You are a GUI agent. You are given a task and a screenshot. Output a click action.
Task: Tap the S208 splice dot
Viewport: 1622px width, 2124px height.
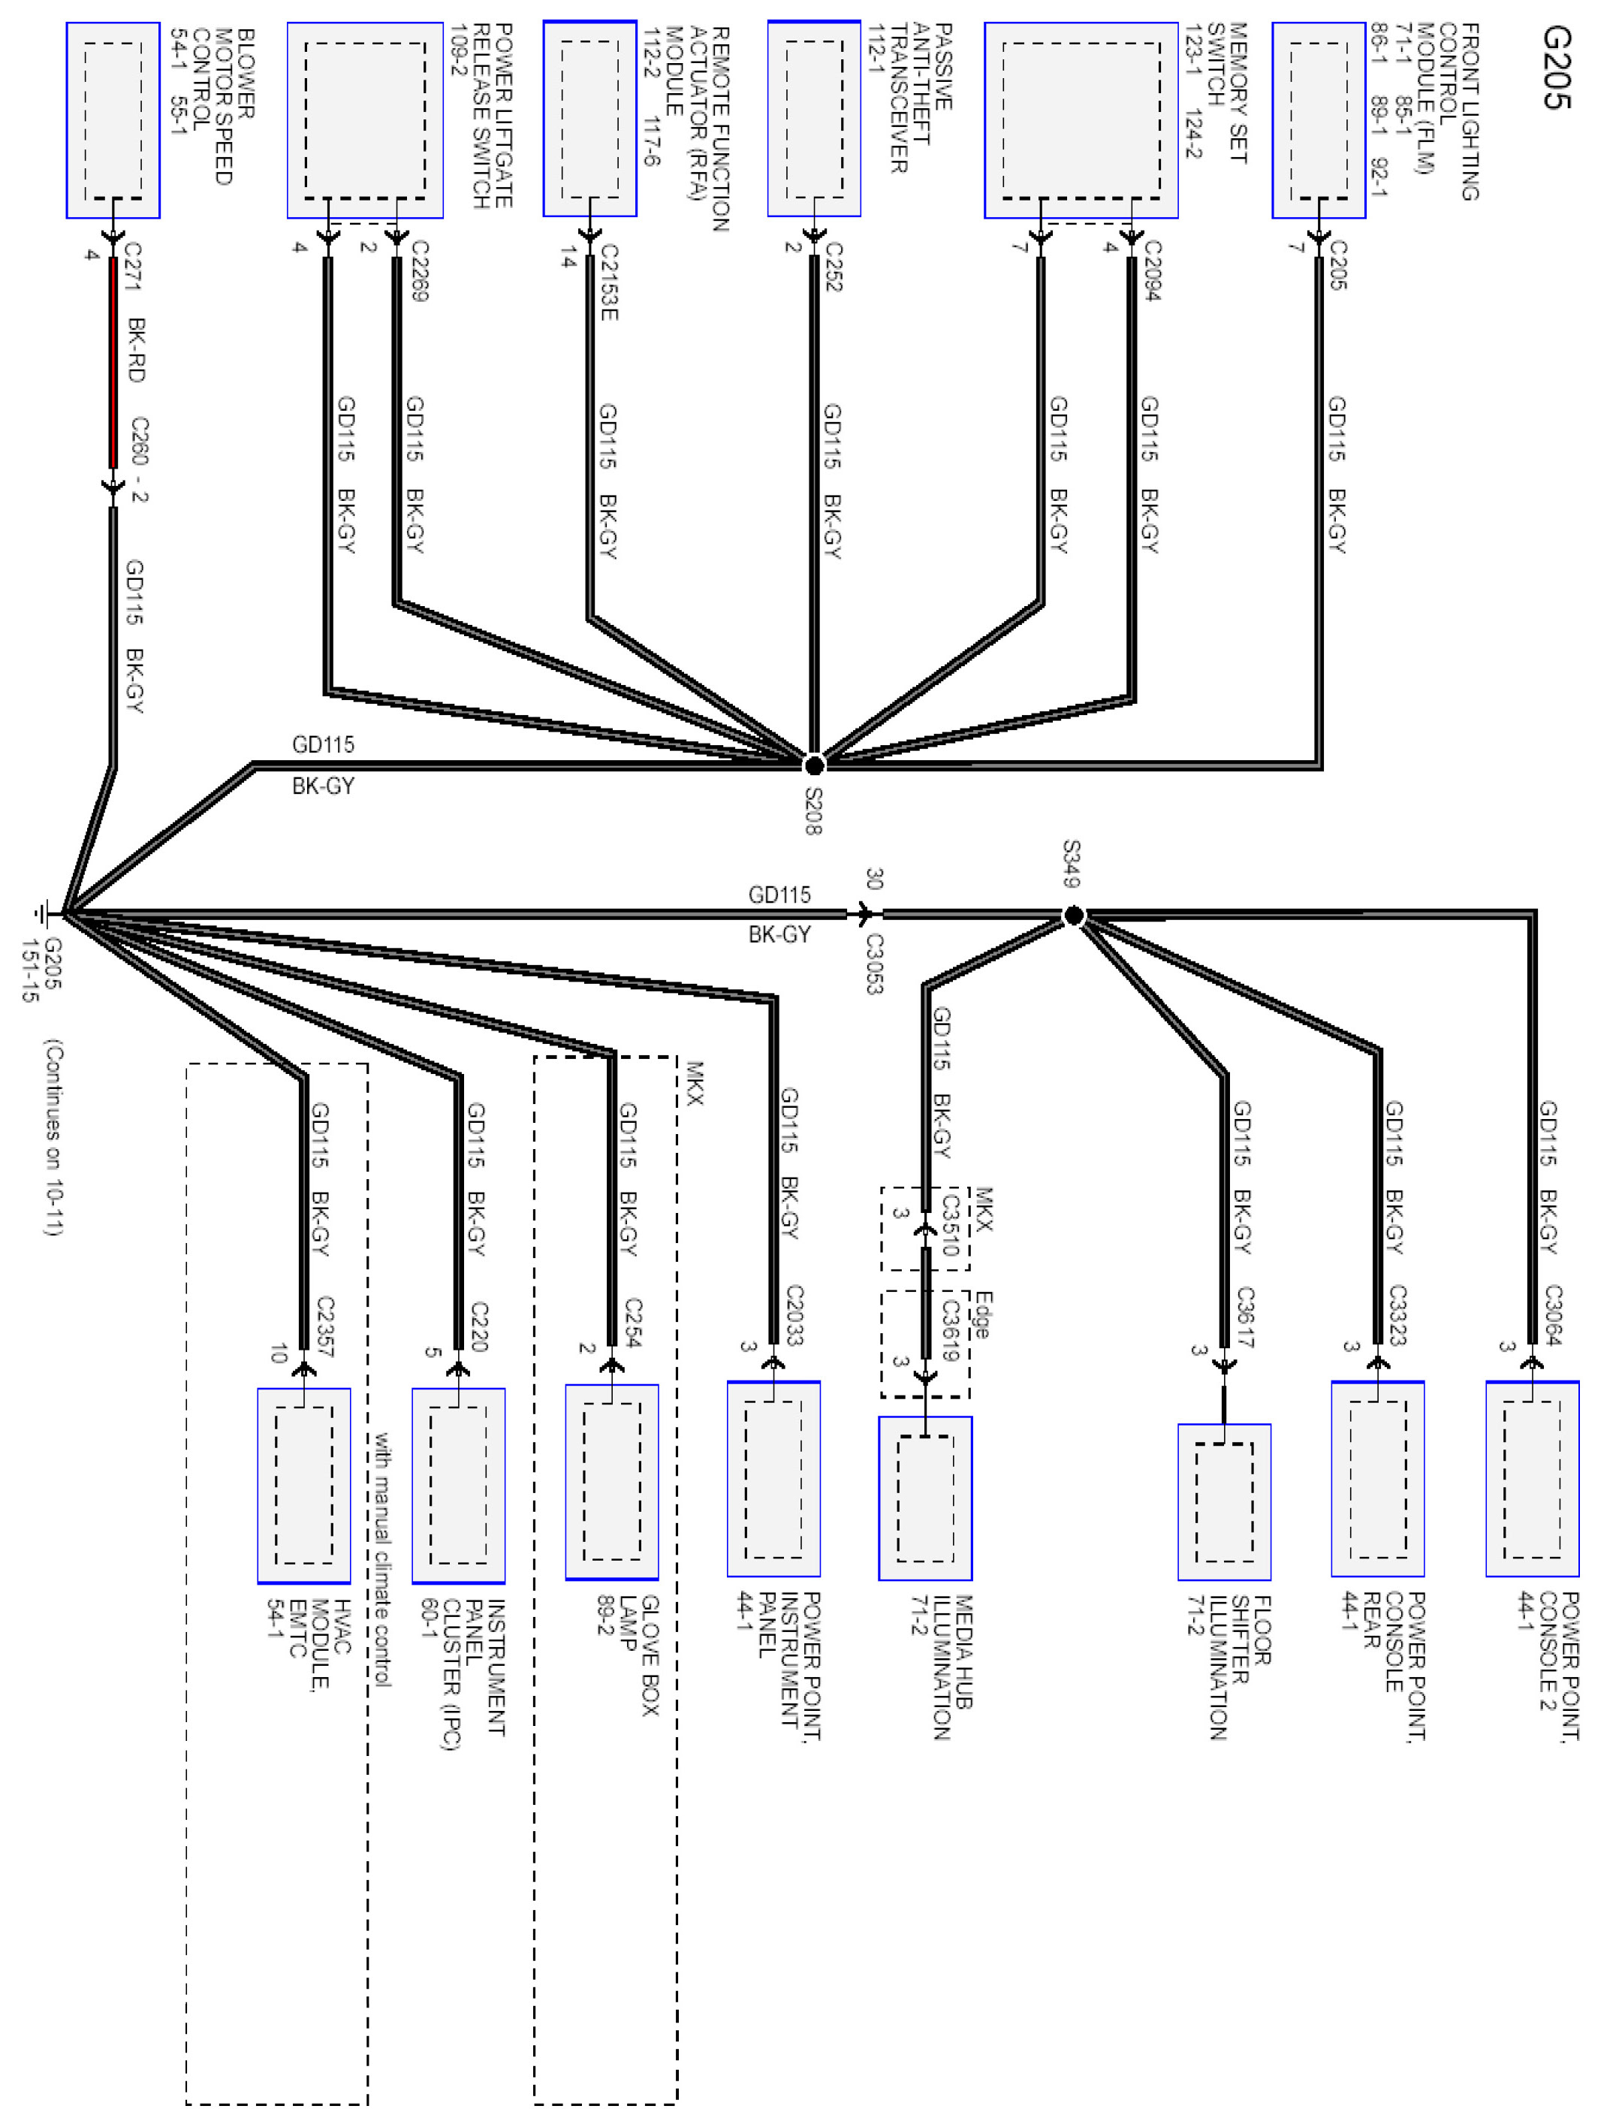coord(814,765)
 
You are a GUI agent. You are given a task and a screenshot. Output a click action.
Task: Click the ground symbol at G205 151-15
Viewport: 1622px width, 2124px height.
coord(44,913)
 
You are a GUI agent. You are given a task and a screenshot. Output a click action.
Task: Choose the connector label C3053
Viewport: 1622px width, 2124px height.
coord(874,963)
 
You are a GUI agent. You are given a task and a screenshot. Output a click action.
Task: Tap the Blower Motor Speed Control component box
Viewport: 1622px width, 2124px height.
coord(113,121)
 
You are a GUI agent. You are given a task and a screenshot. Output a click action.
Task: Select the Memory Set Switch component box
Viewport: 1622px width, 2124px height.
coord(1081,121)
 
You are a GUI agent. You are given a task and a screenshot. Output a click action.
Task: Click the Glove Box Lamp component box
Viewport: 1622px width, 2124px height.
coord(611,1481)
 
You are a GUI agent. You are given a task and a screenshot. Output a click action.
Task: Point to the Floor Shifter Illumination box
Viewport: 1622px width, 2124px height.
coord(1223,1501)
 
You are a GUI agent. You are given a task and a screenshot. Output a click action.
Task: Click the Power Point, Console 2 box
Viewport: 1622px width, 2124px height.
coord(1531,1478)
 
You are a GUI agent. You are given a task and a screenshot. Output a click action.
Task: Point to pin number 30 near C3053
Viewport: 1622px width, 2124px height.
coord(874,879)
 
